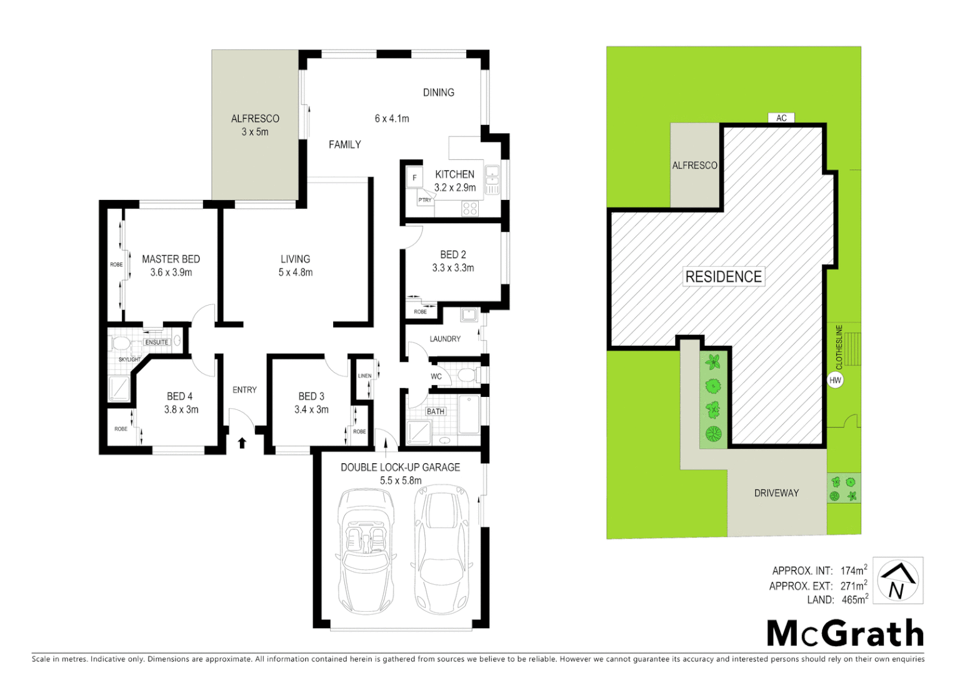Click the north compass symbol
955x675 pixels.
897,581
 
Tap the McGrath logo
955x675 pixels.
845,634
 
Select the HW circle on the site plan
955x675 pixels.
835,380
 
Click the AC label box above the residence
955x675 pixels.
781,117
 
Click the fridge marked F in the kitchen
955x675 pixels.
414,178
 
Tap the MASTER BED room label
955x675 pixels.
171,259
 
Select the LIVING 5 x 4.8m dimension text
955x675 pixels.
296,272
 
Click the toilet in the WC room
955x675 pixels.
466,376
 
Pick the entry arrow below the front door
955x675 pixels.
242,442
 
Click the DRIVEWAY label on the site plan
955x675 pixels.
776,493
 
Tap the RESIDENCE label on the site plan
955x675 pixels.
723,277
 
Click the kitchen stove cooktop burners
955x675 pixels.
470,208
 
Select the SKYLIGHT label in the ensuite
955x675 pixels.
129,359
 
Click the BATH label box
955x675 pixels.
436,411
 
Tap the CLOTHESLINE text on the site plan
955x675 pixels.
839,347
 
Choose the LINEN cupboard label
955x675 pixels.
364,376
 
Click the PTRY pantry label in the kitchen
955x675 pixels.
425,200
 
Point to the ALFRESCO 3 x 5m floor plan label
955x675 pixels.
255,125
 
